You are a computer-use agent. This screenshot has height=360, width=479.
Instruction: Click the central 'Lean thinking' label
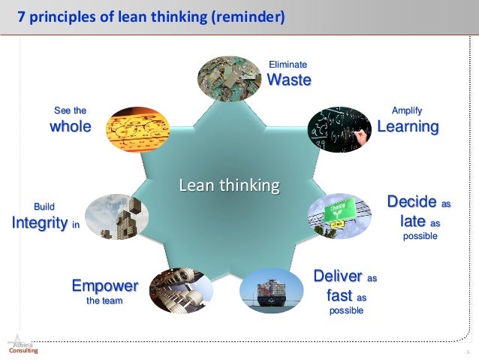click(228, 184)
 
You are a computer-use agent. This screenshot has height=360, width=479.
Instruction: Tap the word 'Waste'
click(289, 80)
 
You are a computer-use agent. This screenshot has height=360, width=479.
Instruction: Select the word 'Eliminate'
click(288, 65)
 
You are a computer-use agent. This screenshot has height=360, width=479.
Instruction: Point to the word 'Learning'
click(407, 126)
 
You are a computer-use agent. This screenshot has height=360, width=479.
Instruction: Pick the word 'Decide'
click(411, 202)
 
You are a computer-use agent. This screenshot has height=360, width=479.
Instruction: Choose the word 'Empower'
click(104, 286)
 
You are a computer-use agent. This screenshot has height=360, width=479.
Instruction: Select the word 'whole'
click(70, 126)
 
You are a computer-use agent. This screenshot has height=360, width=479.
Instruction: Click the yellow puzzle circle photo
click(135, 131)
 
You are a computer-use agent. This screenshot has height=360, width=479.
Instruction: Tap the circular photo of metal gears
click(176, 291)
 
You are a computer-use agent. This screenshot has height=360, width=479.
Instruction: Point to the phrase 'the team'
click(104, 301)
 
